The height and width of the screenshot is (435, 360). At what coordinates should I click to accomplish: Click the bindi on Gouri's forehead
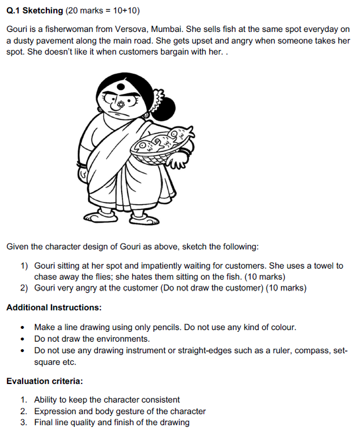tap(120, 87)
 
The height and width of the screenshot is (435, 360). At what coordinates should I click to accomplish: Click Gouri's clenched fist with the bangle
tap(85, 172)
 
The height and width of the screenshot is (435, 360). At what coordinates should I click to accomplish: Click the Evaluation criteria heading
tap(44, 381)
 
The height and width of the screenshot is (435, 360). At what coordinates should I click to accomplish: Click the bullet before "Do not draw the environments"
tap(21, 339)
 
